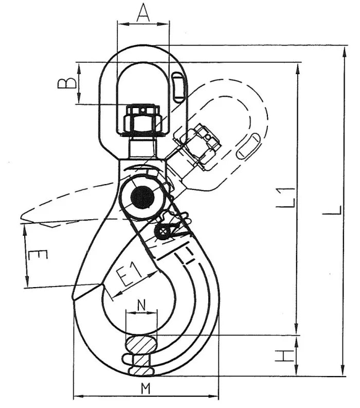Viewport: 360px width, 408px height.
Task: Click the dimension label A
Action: coord(143,13)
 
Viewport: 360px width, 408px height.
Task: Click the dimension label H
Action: coord(283,356)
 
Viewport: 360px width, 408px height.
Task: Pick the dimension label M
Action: coord(146,389)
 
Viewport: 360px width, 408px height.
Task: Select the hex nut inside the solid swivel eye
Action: coord(142,119)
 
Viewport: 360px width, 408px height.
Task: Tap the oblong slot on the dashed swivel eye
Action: coord(247,147)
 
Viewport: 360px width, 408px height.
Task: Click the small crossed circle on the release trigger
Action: coord(163,232)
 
